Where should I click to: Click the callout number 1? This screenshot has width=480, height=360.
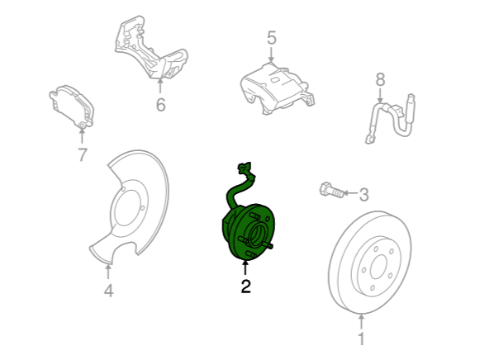(362, 339)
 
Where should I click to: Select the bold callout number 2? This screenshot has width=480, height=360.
(246, 287)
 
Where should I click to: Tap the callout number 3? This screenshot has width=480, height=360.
(364, 195)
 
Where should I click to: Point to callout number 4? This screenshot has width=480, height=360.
(109, 291)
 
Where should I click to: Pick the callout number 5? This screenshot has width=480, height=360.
(272, 38)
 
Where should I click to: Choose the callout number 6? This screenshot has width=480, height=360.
(161, 105)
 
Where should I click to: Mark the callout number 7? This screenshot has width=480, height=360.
(83, 154)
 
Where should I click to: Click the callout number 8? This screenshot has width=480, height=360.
(380, 80)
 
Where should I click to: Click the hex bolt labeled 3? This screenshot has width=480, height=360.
(331, 190)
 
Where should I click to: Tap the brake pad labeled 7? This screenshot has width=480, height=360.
(72, 107)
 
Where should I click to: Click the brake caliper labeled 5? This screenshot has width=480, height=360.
(277, 88)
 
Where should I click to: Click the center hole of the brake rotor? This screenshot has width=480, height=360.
(378, 267)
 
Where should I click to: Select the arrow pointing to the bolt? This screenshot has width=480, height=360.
(350, 193)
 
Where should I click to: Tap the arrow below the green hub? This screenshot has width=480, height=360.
(245, 268)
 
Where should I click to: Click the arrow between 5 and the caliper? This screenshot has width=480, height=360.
(271, 54)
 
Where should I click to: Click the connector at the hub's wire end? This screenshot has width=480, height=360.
(244, 168)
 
